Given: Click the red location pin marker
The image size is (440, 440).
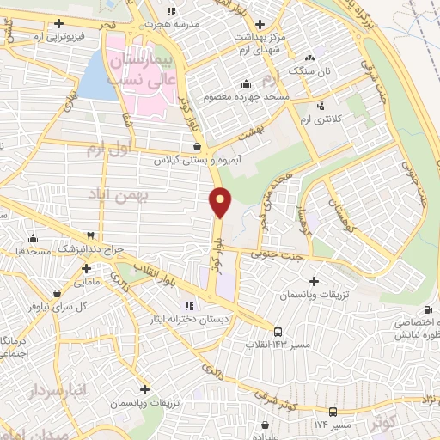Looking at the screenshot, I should click(222, 203).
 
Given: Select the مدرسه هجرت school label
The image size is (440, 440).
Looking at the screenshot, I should click(199, 25).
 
